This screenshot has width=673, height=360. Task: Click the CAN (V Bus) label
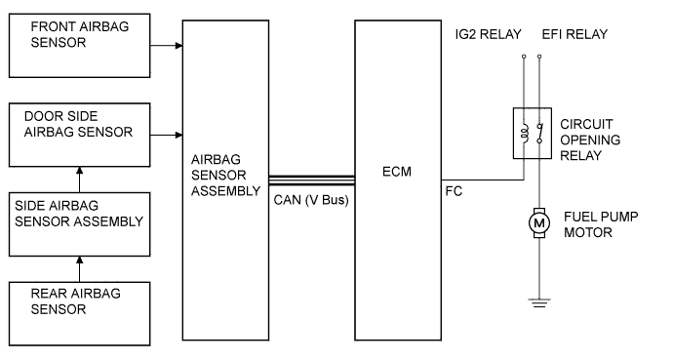coord(309,200)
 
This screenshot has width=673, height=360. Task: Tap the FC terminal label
coord(455,191)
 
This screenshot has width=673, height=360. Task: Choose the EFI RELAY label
coord(574,34)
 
